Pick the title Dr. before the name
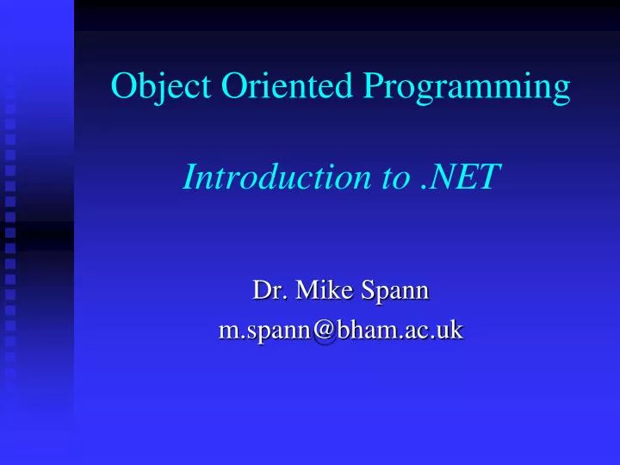(x=267, y=290)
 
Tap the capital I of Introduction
(x=191, y=177)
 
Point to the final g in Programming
(x=560, y=91)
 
